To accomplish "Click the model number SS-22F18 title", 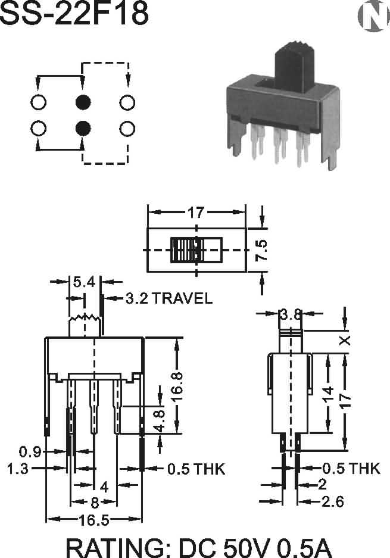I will pyautogui.click(x=74, y=14).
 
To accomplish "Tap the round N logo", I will pyautogui.click(x=372, y=18).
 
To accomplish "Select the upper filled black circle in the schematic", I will pyautogui.click(x=83, y=102).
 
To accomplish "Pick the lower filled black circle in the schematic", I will pyautogui.click(x=83, y=127).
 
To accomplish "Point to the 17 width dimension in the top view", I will pyautogui.click(x=196, y=212).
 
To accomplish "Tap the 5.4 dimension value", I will pyautogui.click(x=83, y=282).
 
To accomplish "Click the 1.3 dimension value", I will pyautogui.click(x=18, y=469).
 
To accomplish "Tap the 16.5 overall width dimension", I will pyautogui.click(x=94, y=520).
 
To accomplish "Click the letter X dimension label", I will pyautogui.click(x=345, y=340).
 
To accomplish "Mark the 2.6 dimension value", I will pyautogui.click(x=332, y=502).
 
